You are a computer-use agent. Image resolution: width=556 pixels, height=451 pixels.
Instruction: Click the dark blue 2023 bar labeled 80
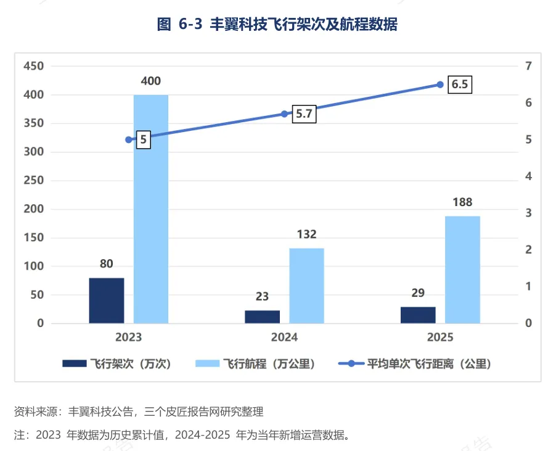pos(107,300)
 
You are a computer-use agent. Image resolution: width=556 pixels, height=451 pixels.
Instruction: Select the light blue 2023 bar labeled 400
pos(150,209)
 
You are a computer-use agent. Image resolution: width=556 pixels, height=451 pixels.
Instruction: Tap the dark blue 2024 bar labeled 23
pos(262,317)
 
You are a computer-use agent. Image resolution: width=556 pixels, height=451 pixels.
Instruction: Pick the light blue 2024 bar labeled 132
pos(307,286)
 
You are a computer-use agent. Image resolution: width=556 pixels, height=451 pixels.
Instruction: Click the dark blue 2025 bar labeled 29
pos(418,315)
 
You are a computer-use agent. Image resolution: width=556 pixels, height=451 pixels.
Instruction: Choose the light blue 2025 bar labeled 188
pos(462,270)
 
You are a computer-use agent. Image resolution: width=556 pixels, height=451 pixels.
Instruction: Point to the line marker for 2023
pos(129,140)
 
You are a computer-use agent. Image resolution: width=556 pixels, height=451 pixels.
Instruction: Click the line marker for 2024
pos(284,114)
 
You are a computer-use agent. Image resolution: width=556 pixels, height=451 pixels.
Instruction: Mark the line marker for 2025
pos(440,85)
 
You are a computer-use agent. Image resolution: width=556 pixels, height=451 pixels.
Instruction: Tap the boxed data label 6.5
pos(460,85)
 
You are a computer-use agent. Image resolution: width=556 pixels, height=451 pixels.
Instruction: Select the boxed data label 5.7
pos(304,114)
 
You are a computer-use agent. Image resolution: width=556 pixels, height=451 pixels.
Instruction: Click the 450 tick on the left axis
pos(34,66)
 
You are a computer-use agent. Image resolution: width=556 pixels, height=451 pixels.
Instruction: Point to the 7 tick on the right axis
pos(528,66)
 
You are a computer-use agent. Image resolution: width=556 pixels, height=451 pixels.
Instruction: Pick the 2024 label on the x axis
pos(284,337)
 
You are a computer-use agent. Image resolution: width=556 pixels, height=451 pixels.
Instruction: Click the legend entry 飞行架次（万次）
pos(117,364)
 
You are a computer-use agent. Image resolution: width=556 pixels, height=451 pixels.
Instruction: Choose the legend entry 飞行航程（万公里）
pos(255,364)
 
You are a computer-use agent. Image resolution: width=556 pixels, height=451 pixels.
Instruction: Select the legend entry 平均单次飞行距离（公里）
pos(415,364)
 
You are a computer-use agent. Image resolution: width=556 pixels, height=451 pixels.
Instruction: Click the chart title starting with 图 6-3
pos(277,24)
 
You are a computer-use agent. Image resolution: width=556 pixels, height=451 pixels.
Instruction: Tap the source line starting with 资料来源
pos(139,412)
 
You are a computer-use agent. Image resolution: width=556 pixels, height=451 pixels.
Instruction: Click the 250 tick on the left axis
pos(34,180)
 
